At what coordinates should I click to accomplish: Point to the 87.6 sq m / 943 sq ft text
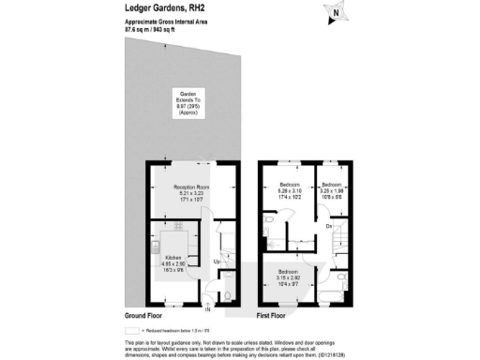[x=155, y=29]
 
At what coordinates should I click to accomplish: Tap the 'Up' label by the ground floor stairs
[x=217, y=261]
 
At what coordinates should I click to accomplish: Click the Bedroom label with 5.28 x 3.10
[x=286, y=191]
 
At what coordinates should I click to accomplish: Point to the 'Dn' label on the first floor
[x=330, y=226]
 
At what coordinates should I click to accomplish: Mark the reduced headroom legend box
[x=130, y=331]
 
